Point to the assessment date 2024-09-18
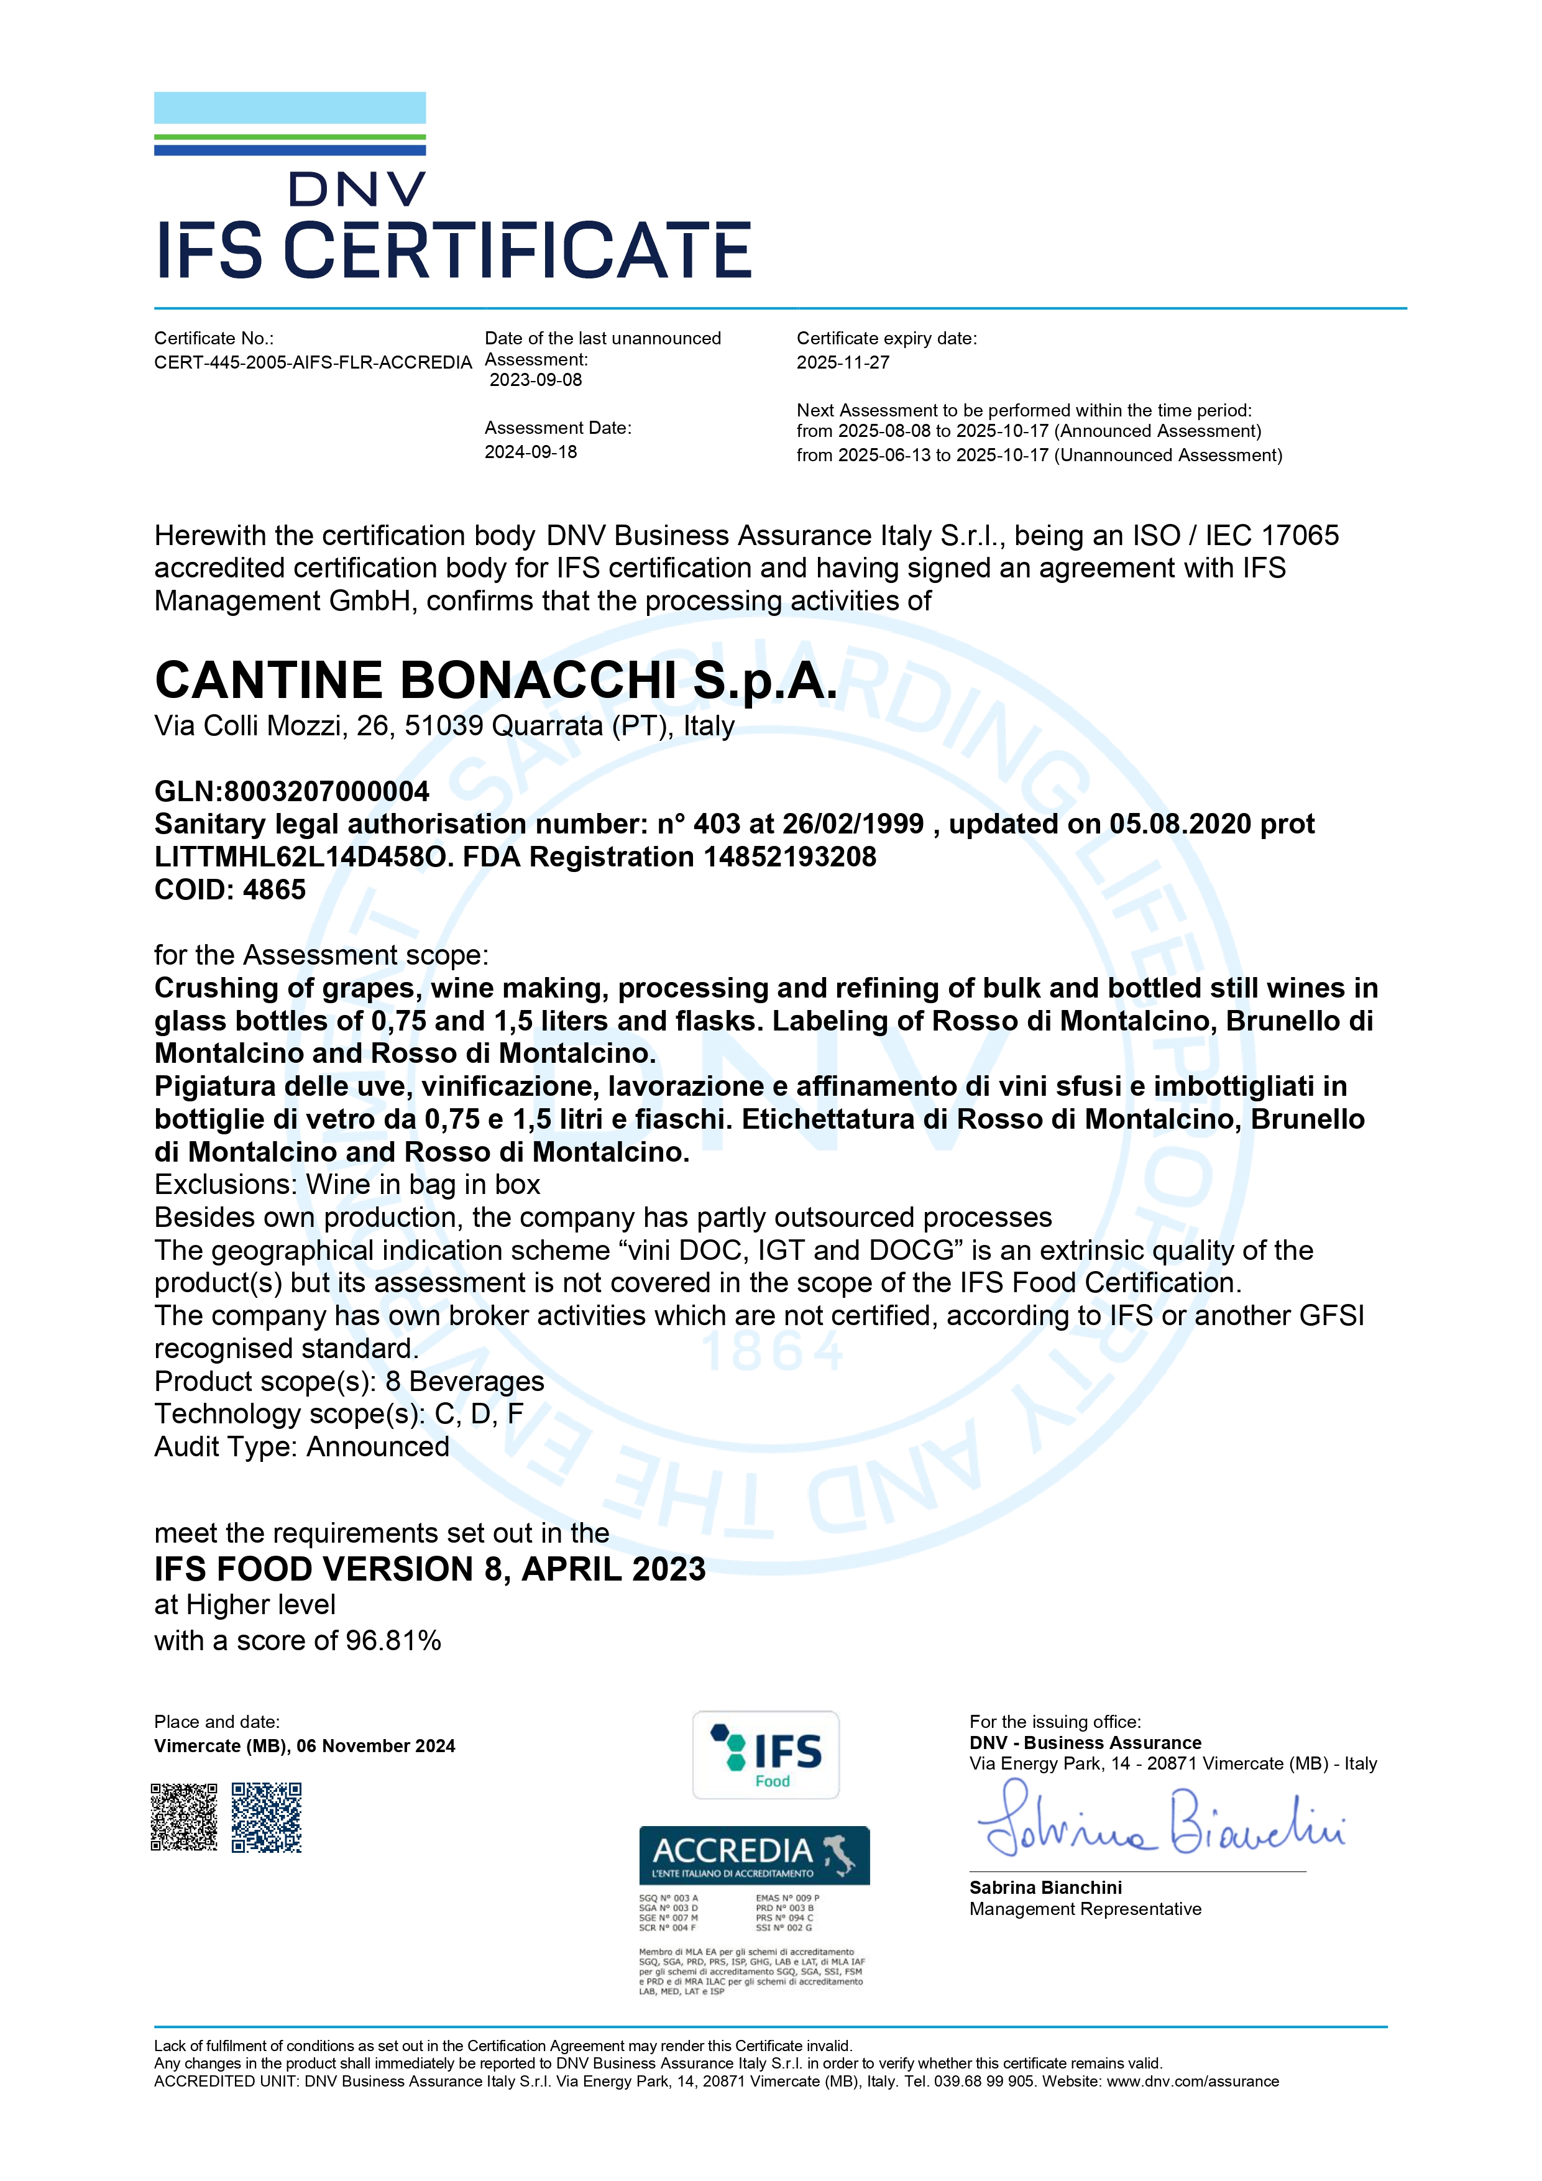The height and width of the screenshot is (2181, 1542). coord(530,452)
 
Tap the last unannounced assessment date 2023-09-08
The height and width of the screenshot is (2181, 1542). coord(536,380)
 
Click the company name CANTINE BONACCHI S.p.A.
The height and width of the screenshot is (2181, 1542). coord(496,680)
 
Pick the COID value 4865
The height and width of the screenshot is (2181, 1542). coord(275,890)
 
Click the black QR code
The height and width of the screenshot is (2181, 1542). coord(185,1817)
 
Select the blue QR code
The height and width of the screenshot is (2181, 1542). coord(267,1817)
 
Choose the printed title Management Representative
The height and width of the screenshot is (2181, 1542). coord(1085,1909)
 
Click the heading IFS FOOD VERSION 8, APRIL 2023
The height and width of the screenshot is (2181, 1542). coord(429,1569)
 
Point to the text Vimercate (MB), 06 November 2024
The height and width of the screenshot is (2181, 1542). coord(304,1746)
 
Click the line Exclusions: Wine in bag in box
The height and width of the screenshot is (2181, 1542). coord(347,1185)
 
